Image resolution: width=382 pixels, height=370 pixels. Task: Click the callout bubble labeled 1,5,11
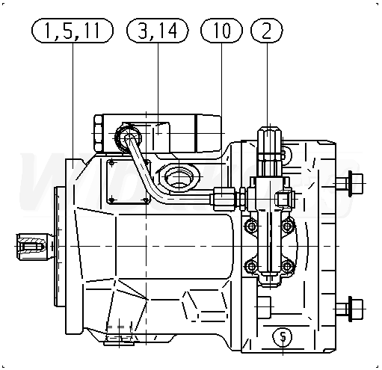tap(73, 31)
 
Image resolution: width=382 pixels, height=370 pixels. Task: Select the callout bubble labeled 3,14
tap(158, 31)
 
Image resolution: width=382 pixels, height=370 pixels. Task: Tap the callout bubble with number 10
tap(221, 31)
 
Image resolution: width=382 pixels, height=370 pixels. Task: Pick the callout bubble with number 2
tap(267, 31)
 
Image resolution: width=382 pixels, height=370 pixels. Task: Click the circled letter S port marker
tap(283, 336)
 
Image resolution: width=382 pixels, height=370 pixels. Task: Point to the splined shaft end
tap(31, 246)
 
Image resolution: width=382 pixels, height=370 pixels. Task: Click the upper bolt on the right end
tap(349, 183)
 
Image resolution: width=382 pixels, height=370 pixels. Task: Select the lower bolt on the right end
tap(349, 309)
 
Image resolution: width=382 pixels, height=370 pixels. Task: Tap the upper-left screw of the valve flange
tap(252, 226)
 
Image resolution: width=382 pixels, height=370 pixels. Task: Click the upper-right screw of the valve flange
tap(288, 226)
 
